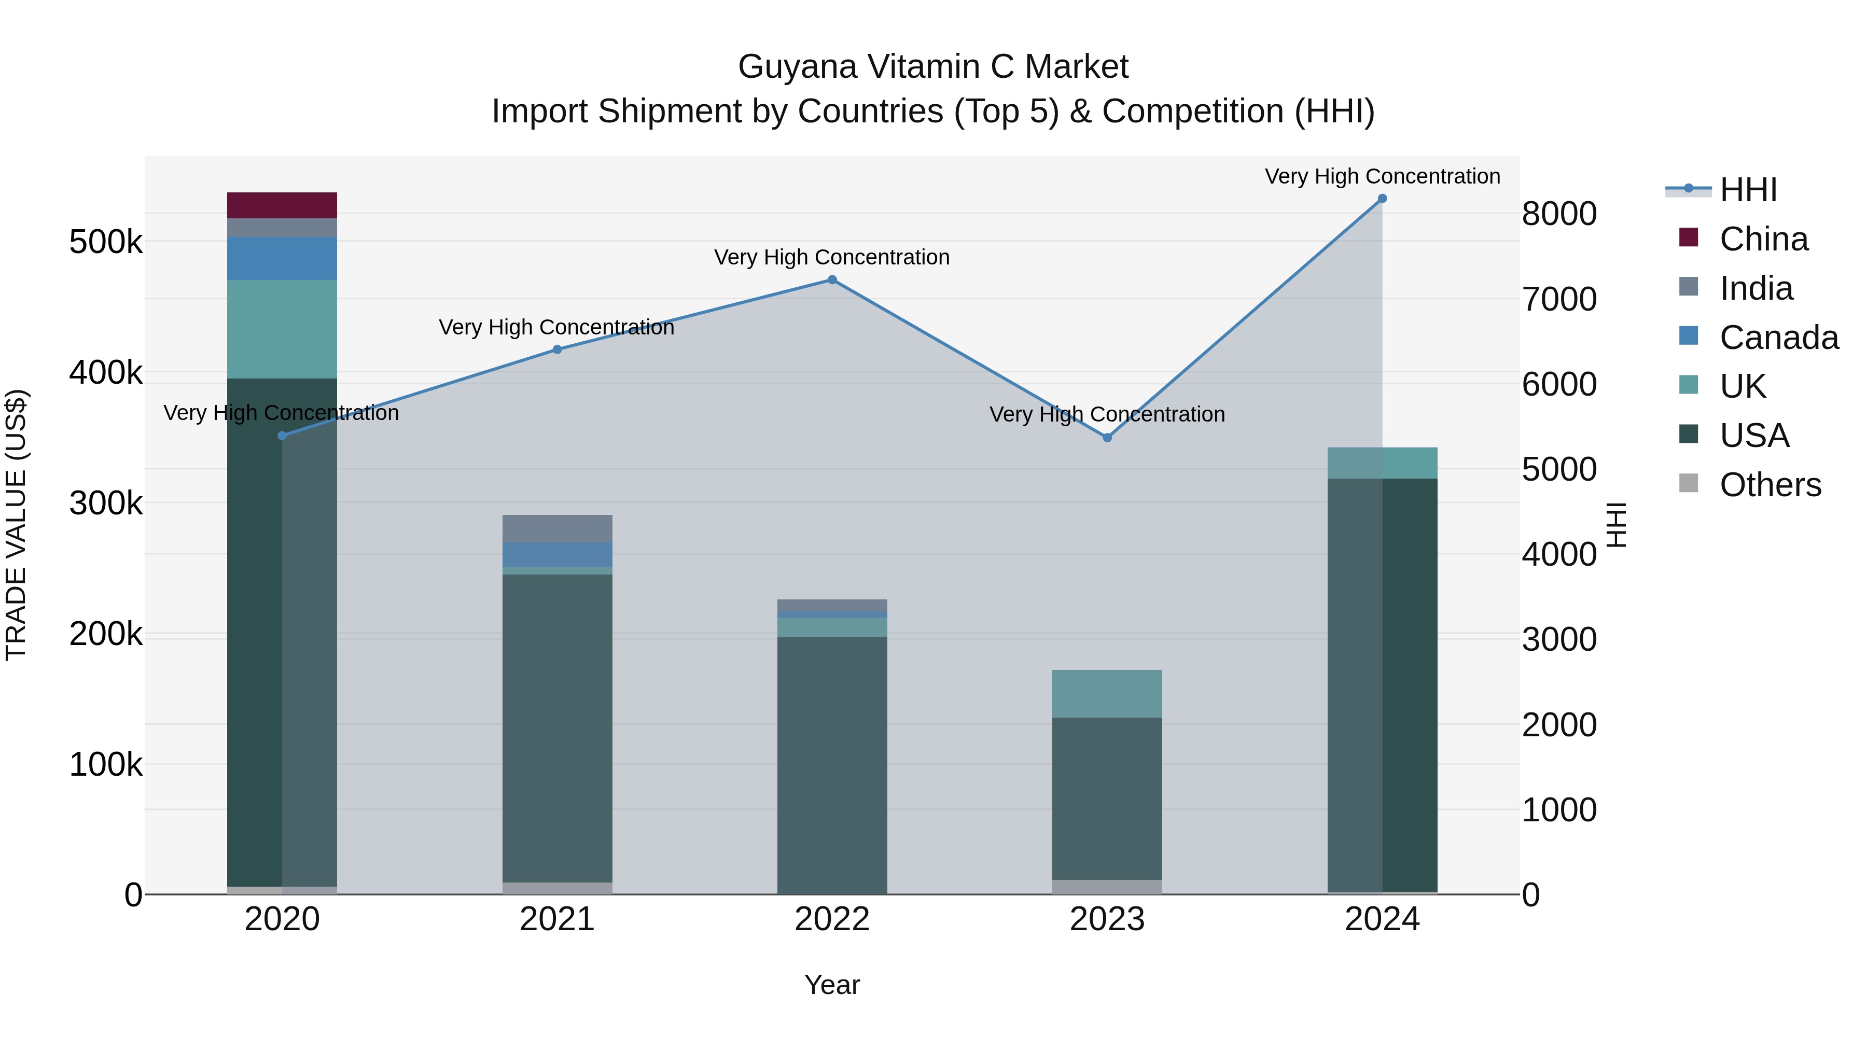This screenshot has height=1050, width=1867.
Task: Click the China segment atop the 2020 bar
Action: [282, 205]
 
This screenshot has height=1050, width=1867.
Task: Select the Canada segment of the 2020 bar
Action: [282, 258]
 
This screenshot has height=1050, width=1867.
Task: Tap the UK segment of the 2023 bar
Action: [1107, 693]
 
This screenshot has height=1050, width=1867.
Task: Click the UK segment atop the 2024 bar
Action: [1382, 463]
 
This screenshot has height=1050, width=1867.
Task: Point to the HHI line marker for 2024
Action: [1382, 199]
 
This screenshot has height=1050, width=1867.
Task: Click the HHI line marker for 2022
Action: [832, 279]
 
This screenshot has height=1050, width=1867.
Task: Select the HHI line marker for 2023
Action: [1107, 438]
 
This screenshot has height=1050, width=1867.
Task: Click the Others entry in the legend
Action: [1769, 485]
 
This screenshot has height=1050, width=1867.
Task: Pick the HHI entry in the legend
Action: [1747, 190]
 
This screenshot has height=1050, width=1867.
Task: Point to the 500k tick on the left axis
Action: [106, 242]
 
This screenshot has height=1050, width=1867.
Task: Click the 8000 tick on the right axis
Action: [1558, 214]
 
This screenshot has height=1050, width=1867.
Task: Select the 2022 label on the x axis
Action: [832, 919]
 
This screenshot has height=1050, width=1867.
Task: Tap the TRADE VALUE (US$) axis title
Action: [16, 525]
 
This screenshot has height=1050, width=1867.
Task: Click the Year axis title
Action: [832, 985]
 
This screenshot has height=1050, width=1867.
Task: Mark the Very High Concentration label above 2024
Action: [1382, 176]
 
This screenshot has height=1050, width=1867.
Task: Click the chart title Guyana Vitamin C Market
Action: [933, 67]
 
